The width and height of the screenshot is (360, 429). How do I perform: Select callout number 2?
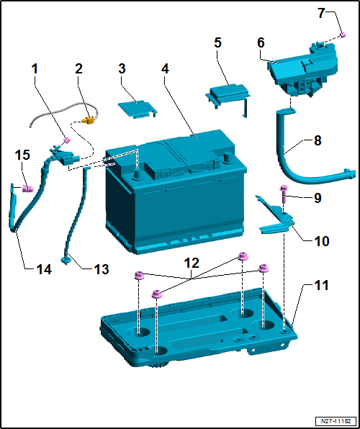[x=79, y=69]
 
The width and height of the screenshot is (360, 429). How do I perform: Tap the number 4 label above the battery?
[x=166, y=70]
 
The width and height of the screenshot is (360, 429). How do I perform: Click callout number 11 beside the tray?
[x=321, y=286]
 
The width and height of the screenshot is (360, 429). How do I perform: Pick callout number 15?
[x=23, y=155]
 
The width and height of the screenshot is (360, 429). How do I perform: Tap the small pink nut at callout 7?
[x=344, y=35]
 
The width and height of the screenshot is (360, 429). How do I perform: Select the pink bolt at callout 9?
[x=283, y=191]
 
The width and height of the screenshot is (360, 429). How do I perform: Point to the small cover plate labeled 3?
[x=137, y=107]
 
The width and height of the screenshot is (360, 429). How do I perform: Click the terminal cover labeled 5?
[x=228, y=94]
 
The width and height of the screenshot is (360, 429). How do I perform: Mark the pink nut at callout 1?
[x=66, y=139]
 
